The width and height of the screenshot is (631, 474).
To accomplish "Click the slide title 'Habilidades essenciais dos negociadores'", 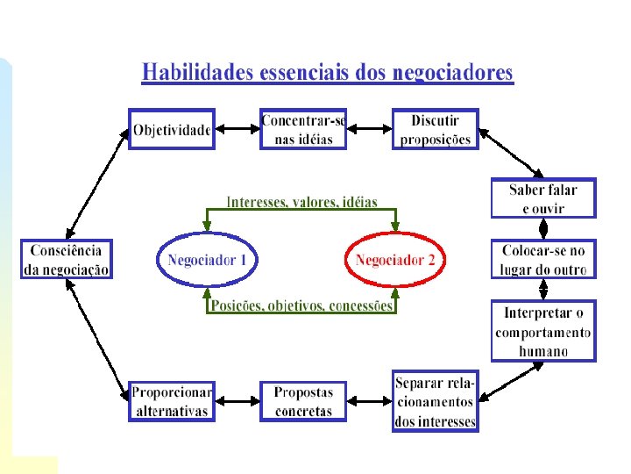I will point(327,73).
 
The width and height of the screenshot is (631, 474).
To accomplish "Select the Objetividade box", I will point(172,130).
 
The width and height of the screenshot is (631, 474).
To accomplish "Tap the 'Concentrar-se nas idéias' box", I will point(303,130).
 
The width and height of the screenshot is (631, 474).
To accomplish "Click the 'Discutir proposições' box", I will point(435,130).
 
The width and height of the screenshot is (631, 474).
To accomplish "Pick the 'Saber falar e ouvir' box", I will point(543,199).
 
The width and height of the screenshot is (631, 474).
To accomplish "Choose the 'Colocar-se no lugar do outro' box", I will point(543,260).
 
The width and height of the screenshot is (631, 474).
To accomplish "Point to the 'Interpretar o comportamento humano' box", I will point(543,332).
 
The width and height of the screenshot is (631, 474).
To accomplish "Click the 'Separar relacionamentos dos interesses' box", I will point(435,401).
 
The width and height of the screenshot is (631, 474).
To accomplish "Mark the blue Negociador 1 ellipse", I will point(208,260).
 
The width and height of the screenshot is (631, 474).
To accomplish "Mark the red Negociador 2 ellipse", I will point(395,260).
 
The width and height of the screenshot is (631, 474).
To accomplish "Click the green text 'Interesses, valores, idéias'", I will point(301,202).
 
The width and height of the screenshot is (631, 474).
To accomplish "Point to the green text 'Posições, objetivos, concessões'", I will point(301,306).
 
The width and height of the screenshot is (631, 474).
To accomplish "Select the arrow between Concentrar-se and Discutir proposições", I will point(369,130).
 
